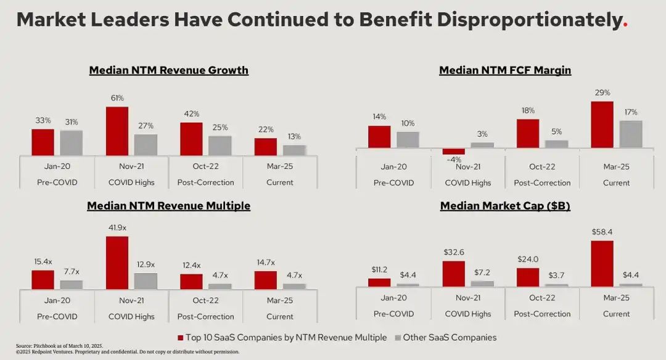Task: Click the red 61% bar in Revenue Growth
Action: click(117, 131)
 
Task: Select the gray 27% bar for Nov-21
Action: click(146, 145)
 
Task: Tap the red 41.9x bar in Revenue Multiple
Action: click(117, 263)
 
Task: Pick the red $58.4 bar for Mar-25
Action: click(602, 263)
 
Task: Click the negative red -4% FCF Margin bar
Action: click(454, 151)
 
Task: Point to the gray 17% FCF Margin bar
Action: click(631, 134)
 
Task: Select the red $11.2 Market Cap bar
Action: click(379, 282)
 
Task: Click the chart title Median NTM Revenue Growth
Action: click(169, 70)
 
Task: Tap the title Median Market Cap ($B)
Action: click(505, 206)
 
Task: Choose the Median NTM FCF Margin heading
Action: click(505, 70)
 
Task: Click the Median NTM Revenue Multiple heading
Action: click(169, 206)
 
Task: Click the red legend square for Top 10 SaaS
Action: click(181, 338)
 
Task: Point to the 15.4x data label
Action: click(43, 262)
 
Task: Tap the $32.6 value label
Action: click(454, 252)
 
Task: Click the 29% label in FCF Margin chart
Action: click(602, 93)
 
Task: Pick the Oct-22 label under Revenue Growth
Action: click(205, 167)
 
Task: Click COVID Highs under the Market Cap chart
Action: click(468, 314)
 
